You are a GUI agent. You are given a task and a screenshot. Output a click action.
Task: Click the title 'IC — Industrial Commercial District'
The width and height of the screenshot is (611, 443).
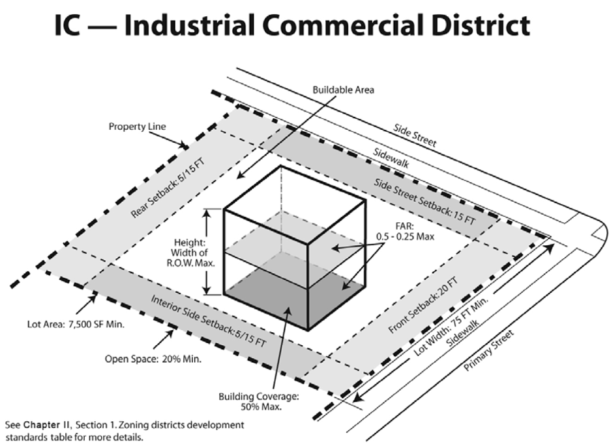291,25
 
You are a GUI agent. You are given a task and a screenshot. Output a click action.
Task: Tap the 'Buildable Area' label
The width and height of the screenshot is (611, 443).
343,89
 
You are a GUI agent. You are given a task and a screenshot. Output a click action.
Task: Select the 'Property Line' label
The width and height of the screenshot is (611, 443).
136,126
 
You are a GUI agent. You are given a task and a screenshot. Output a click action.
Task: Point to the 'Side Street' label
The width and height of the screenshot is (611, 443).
414,136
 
